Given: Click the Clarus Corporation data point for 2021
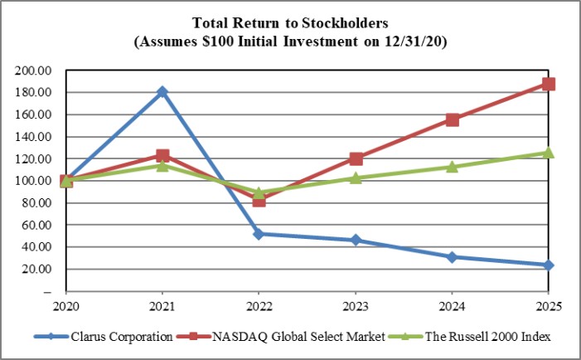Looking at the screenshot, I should tap(162, 91).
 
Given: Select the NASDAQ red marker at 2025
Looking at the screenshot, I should tap(549, 84).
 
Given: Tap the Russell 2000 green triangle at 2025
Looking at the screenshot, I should tap(549, 152).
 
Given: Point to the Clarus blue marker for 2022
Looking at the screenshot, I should tap(259, 234).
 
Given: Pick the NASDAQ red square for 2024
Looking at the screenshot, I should tap(452, 119).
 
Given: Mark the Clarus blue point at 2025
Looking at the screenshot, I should tap(549, 265).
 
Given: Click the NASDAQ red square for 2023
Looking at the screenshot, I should tap(356, 158).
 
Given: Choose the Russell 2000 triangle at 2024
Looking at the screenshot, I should tap(452, 166).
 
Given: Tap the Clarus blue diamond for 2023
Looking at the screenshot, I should tap(356, 240).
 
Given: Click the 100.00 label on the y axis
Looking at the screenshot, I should tap(33, 180).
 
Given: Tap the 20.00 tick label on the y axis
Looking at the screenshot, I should tap(36, 269).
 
